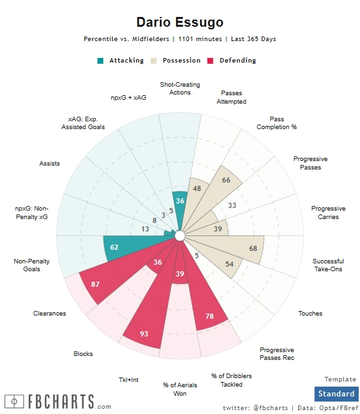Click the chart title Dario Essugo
[180, 22]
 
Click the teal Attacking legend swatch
[100, 61]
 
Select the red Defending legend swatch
[210, 61]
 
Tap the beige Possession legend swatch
[154, 61]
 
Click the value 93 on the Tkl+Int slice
[144, 334]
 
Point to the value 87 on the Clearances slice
[95, 284]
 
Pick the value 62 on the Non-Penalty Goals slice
[114, 247]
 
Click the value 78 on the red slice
[209, 316]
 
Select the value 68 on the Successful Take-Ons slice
[253, 248]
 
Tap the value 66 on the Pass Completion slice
[226, 180]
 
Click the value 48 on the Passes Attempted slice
[197, 188]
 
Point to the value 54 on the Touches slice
[230, 264]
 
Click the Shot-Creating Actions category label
[180, 89]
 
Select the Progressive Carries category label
[328, 213]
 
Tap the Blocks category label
[83, 354]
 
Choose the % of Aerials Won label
[180, 389]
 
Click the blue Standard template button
[337, 394]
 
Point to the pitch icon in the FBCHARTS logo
[14, 402]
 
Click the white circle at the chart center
[180, 236]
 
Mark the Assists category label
[50, 164]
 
